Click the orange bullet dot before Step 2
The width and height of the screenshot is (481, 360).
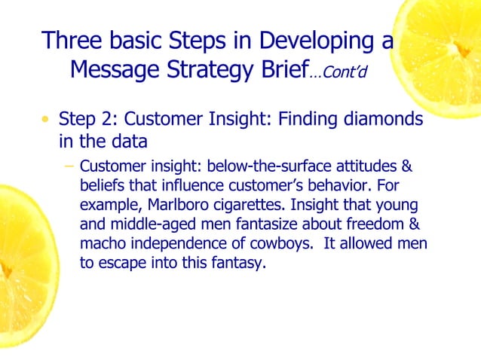(x=47, y=120)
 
